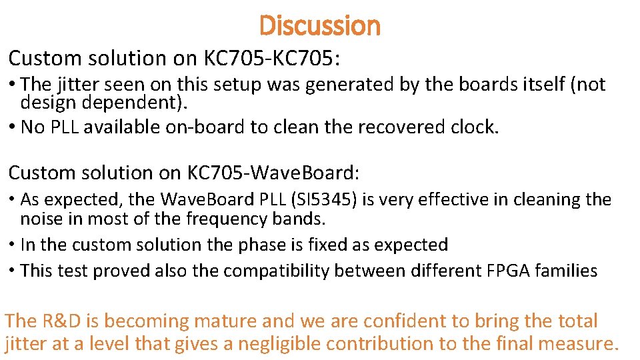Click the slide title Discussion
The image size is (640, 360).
coord(320,26)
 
